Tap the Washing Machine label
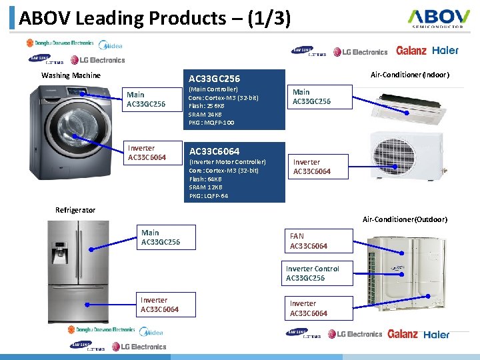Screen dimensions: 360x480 (71, 75)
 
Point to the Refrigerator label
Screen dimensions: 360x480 (75, 210)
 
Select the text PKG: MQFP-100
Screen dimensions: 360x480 (211, 123)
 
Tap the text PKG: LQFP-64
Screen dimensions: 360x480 (209, 196)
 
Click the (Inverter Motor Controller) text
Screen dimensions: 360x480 (227, 162)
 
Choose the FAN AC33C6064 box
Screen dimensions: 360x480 (317, 241)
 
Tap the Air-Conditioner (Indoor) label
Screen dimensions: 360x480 (409, 75)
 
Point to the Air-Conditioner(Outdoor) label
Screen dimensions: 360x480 (405, 219)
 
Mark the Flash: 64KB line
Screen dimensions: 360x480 (206, 179)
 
